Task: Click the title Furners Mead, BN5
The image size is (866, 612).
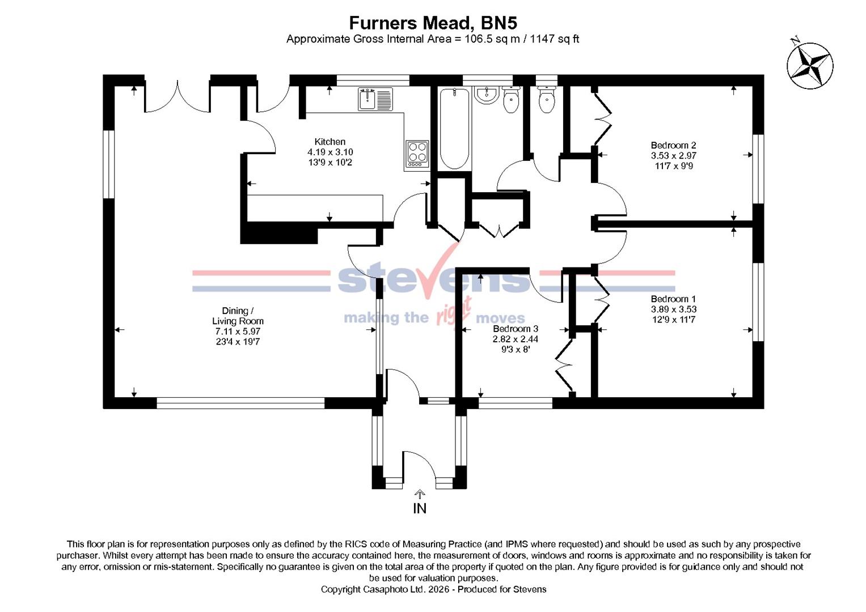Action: (x=433, y=23)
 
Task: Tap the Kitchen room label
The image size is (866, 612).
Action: (x=329, y=142)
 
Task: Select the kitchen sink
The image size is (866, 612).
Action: (x=375, y=99)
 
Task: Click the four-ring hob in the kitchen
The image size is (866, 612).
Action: (x=417, y=153)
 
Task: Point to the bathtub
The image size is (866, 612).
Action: (x=454, y=128)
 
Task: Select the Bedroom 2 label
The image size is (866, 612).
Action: (x=673, y=145)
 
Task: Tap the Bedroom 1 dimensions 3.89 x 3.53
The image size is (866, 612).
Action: (x=673, y=309)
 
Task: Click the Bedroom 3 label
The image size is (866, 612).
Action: (x=515, y=329)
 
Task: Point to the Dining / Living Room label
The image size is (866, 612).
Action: (x=237, y=316)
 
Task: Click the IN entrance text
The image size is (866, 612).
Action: (x=420, y=508)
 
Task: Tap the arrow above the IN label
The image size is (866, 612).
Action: (x=420, y=494)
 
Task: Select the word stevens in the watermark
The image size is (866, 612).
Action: (x=434, y=279)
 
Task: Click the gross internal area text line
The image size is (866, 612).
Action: (x=433, y=39)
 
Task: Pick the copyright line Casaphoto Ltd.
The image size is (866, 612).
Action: (x=433, y=589)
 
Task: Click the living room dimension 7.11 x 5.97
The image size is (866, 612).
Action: (x=237, y=331)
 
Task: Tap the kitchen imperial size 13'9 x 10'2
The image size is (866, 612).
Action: (x=329, y=163)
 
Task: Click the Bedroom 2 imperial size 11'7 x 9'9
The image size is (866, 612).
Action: (x=673, y=166)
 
